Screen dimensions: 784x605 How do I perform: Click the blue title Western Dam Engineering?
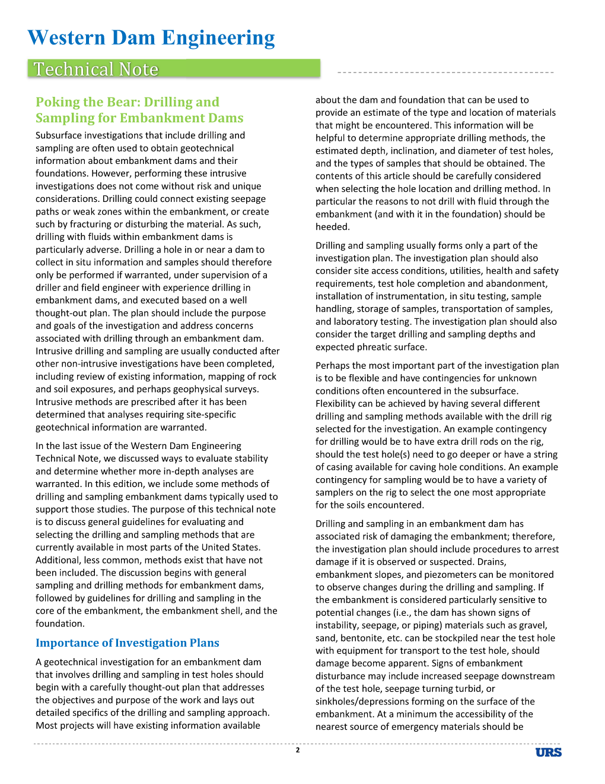point(151,37)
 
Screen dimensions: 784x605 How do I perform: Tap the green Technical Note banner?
point(174,69)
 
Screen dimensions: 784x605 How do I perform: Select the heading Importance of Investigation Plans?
point(128,643)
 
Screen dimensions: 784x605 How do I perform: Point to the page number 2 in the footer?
point(298,750)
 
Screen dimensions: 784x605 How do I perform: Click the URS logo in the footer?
point(548,753)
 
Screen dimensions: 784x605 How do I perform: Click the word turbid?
point(467,688)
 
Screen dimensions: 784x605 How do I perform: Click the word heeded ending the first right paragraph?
point(332,227)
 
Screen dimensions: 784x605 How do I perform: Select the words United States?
point(227,547)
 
